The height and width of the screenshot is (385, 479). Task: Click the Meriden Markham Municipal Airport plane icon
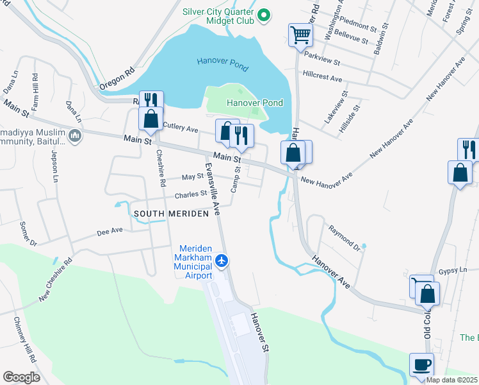pos(222,261)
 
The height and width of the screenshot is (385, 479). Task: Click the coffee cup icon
pos(421,365)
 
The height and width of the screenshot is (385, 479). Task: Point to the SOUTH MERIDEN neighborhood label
pos(171,214)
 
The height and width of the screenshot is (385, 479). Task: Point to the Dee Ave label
pos(109,230)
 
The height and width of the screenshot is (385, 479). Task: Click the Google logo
pos(21,377)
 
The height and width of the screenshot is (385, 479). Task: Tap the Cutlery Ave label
pos(181,127)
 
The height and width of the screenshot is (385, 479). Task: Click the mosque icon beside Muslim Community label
pos(75,135)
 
